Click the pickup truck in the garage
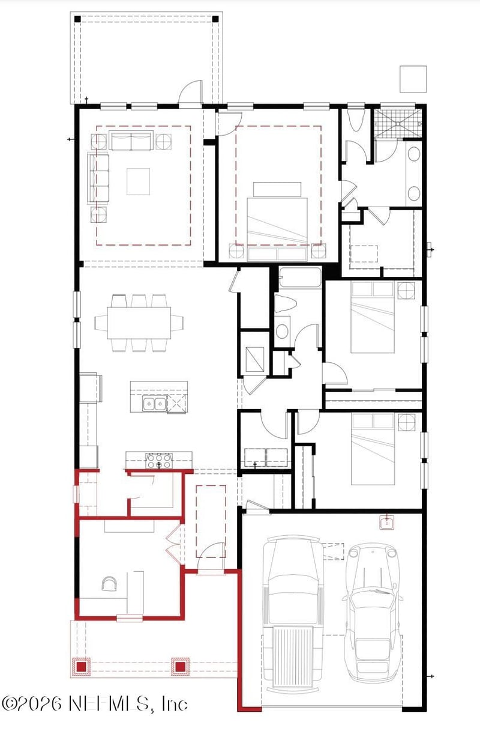coord(292,613)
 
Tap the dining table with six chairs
coord(139,323)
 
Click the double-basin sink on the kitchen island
coord(154,404)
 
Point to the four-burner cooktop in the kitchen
coord(158,460)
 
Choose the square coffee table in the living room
coord(138,181)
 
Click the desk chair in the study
coord(110,584)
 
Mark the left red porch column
coord(80,667)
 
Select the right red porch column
coord(180,666)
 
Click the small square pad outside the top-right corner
coord(413,79)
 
